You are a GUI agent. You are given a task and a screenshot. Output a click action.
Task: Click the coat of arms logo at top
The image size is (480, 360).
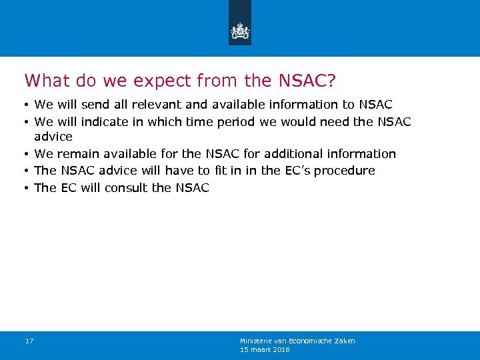click(x=240, y=31)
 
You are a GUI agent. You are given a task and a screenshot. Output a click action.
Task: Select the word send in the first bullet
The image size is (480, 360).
click(x=95, y=105)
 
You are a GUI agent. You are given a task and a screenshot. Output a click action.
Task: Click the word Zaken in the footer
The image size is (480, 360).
click(x=346, y=341)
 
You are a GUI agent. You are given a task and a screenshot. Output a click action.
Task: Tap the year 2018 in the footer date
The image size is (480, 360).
click(x=281, y=349)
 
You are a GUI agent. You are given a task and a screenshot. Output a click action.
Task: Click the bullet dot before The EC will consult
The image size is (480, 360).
click(x=27, y=188)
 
